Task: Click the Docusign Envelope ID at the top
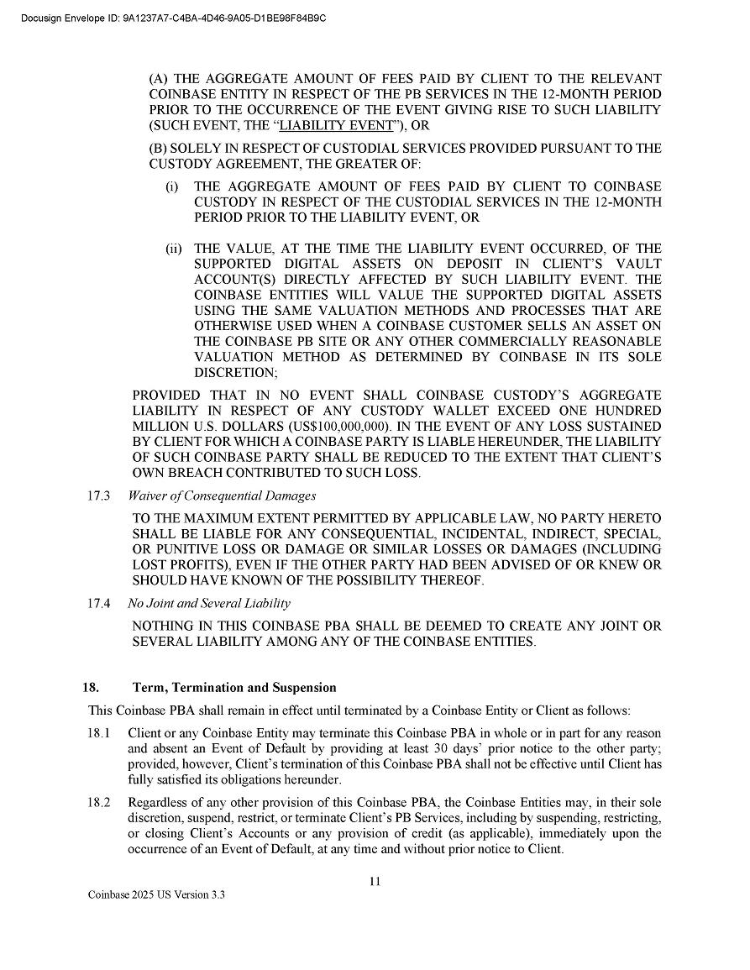[x=173, y=18]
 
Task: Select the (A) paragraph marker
[x=158, y=78]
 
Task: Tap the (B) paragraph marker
[x=158, y=149]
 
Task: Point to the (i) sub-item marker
[x=171, y=186]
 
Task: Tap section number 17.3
[x=99, y=495]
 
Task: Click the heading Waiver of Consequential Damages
[x=222, y=495]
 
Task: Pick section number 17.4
[x=99, y=603]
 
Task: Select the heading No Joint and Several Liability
[x=208, y=603]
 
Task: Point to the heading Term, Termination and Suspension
[x=234, y=688]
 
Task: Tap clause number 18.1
[x=99, y=733]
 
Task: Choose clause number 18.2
[x=99, y=803]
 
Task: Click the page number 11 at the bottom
[x=375, y=881]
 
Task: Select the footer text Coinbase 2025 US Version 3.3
[x=156, y=896]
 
